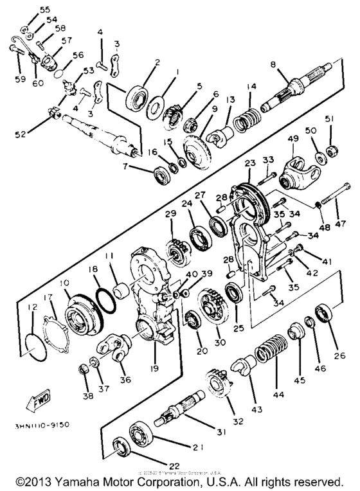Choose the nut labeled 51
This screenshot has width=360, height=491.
tap(331, 152)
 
